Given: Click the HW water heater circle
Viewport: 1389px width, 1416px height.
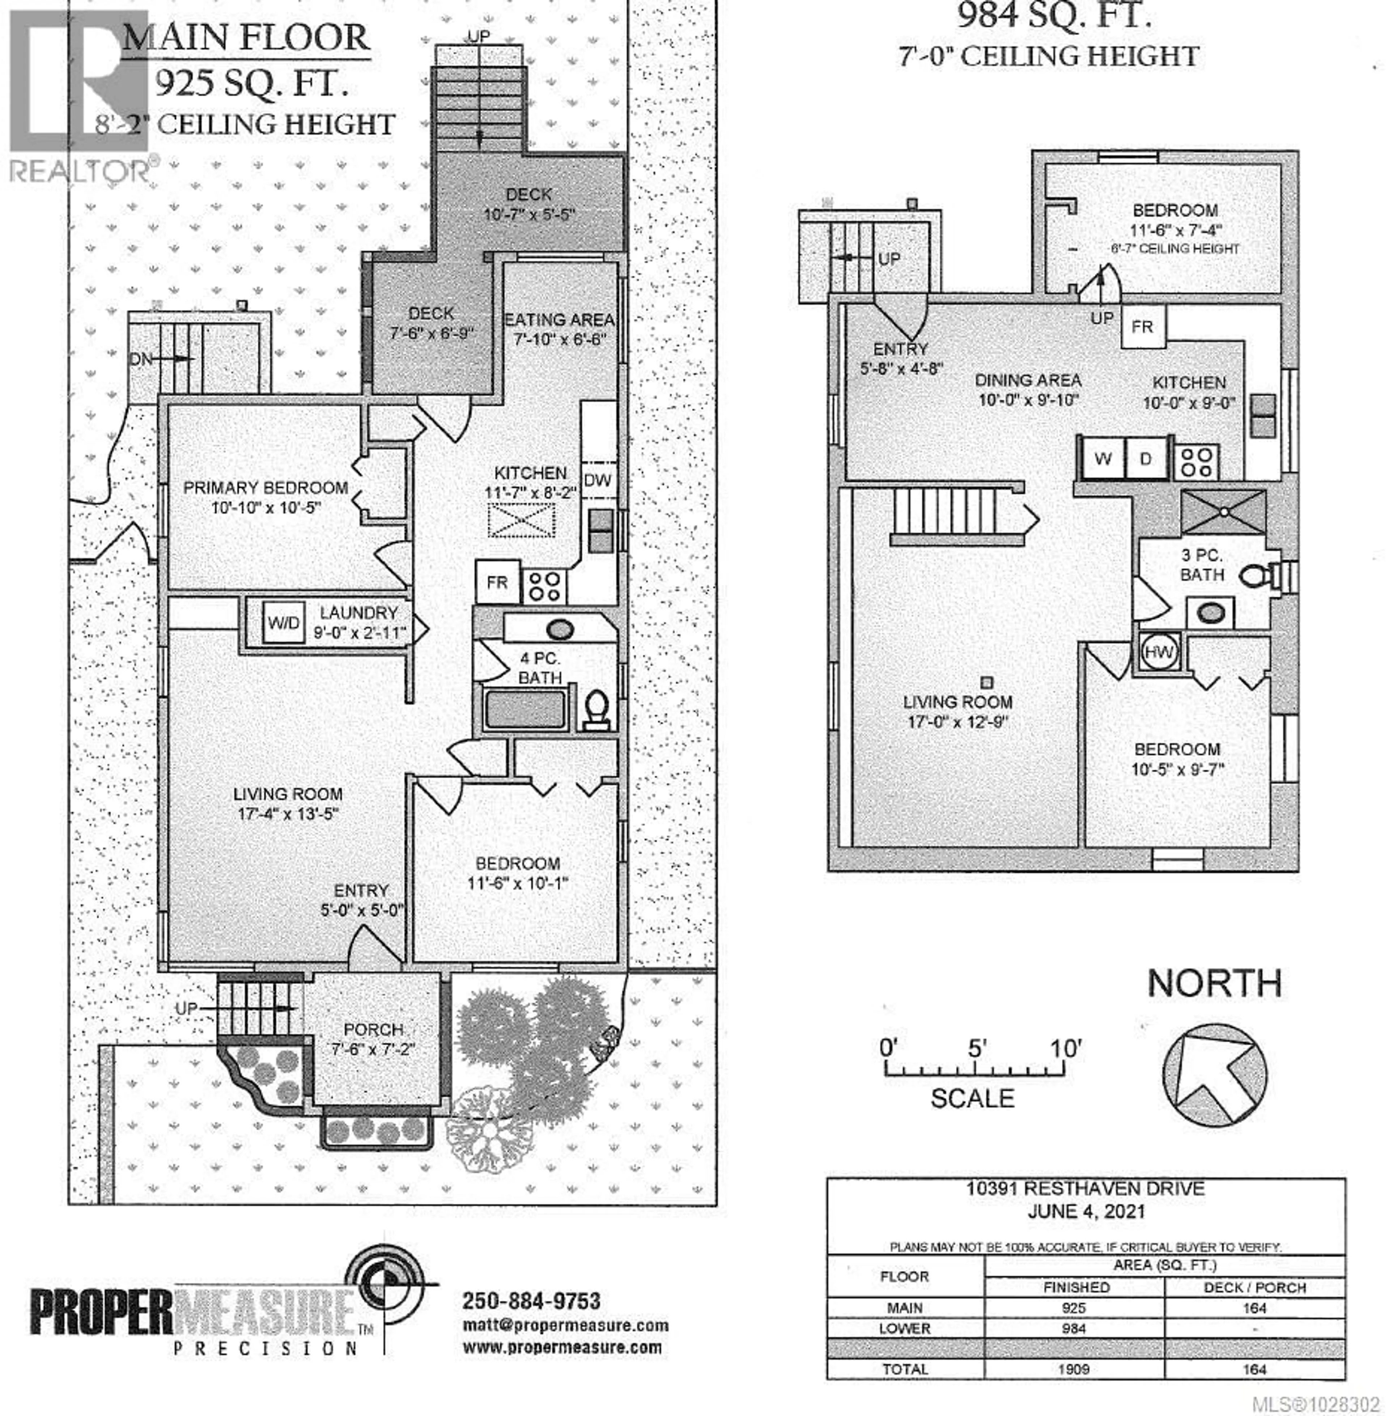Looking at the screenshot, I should click(x=1158, y=652).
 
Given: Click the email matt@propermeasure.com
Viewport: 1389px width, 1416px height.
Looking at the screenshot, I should click(x=565, y=1325).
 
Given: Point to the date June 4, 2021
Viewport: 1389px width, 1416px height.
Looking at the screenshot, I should click(x=1086, y=1212).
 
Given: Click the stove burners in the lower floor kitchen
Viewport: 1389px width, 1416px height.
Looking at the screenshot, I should click(x=1197, y=461).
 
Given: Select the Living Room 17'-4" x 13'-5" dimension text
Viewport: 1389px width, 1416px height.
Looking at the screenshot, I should click(x=288, y=813).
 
